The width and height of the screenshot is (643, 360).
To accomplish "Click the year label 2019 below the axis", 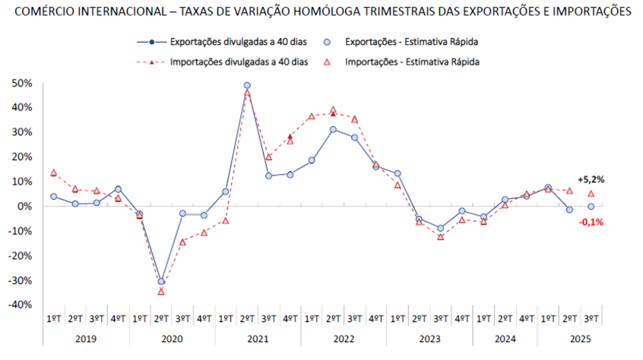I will pyautogui.click(x=85, y=336).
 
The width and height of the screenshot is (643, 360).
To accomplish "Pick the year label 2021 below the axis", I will pyautogui.click(x=258, y=336).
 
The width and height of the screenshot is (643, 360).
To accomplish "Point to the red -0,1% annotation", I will pyautogui.click(x=591, y=222).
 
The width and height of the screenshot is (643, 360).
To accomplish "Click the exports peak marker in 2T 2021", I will pyautogui.click(x=247, y=86).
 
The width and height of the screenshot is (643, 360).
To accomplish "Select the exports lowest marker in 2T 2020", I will pyautogui.click(x=161, y=281).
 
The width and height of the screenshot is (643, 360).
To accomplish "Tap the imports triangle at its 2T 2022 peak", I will pyautogui.click(x=333, y=111).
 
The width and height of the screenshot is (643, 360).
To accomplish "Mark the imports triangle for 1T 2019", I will pyautogui.click(x=53, y=172).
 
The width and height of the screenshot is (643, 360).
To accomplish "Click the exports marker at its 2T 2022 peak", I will pyautogui.click(x=333, y=129).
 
